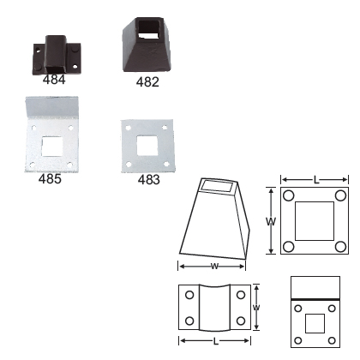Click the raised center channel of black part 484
54,53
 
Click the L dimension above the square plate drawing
316,180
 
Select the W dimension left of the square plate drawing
271,221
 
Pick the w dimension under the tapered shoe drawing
213,265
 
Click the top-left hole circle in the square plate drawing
290,195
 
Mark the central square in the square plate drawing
315,221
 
